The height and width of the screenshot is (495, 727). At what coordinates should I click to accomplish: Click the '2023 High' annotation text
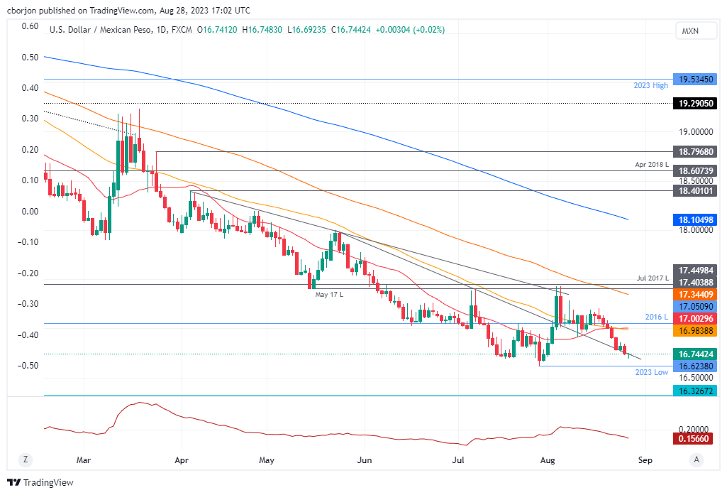651,85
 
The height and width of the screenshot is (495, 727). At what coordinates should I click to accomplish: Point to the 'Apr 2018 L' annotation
652,164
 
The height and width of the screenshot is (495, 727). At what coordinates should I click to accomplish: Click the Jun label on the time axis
365,459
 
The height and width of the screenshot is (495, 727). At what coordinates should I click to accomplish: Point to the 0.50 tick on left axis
30,57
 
